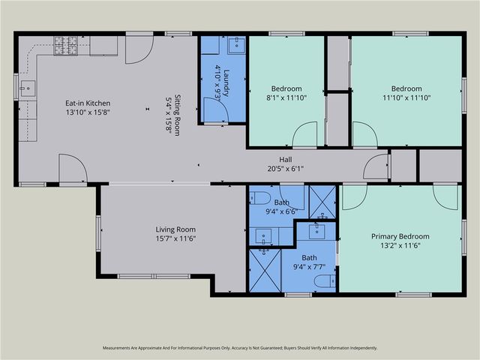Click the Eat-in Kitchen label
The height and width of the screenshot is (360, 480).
(x=88, y=103)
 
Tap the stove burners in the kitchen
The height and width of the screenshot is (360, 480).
(x=66, y=46)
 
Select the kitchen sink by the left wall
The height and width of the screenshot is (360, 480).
(x=28, y=88)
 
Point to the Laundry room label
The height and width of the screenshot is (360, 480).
(x=226, y=83)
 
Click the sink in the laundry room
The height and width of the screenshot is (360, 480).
(x=237, y=45)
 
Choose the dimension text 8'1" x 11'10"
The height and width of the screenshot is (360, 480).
(x=286, y=98)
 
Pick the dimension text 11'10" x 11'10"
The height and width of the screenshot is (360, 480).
(x=406, y=98)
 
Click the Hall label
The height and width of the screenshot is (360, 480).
(x=285, y=160)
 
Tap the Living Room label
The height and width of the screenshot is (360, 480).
(x=175, y=229)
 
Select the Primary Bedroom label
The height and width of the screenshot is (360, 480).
(x=400, y=236)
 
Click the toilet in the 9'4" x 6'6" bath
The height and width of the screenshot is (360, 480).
(x=260, y=198)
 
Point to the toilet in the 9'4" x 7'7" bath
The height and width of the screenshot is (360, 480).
(x=325, y=281)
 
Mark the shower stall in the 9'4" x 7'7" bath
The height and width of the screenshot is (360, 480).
(x=265, y=270)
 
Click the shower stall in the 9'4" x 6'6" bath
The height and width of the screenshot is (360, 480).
(x=322, y=202)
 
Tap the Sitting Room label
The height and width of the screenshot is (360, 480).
(x=177, y=115)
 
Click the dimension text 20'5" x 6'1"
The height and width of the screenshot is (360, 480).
(x=286, y=169)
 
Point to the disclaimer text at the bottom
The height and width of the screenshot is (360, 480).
(x=240, y=348)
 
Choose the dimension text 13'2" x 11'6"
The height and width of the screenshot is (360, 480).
(x=400, y=245)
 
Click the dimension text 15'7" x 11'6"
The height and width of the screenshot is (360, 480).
(x=175, y=238)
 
